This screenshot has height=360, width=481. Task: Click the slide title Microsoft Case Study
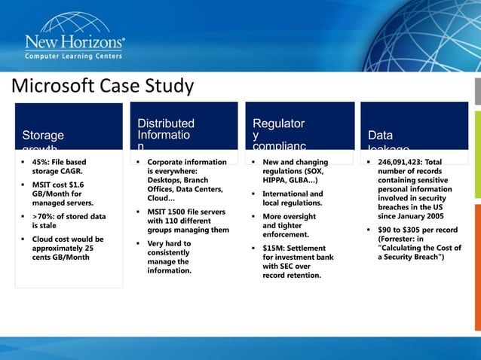(x=102, y=87)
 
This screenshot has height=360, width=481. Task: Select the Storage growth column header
(x=43, y=136)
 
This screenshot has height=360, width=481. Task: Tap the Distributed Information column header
(x=165, y=130)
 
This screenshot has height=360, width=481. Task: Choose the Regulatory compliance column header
(x=280, y=130)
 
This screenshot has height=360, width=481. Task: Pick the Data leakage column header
(x=380, y=136)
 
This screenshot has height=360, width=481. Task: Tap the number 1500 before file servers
(x=179, y=212)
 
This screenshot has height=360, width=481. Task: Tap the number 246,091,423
(x=400, y=162)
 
